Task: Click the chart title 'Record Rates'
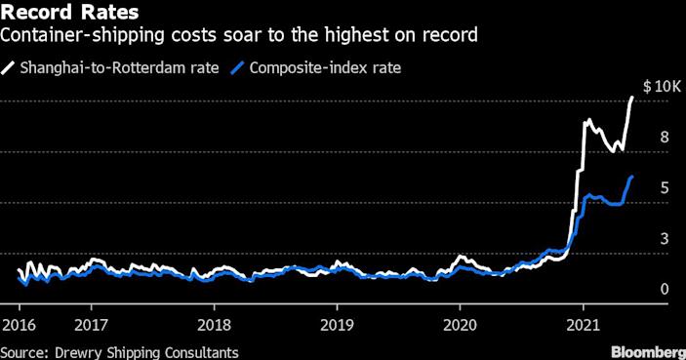(x=68, y=14)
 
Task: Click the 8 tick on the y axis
(x=664, y=139)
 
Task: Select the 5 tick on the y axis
(x=664, y=189)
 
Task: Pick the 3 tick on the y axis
(x=664, y=239)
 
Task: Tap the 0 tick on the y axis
(x=664, y=290)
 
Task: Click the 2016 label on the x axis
(x=18, y=324)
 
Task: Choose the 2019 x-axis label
(x=336, y=324)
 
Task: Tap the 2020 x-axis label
(x=459, y=324)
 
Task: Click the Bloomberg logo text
(x=646, y=350)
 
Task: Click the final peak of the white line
(x=632, y=98)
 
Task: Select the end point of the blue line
(x=632, y=177)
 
